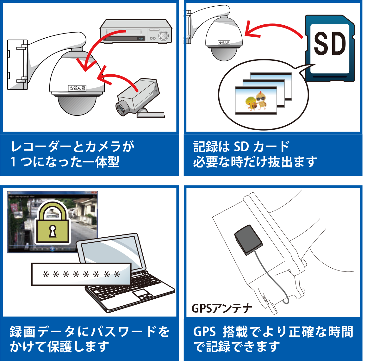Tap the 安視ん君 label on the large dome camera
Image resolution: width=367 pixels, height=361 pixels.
pos(77,88)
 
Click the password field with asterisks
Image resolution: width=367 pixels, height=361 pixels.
pos(81,274)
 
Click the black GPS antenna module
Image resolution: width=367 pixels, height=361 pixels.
pos(248,239)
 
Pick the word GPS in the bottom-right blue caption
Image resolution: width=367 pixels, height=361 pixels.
pos(204,332)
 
